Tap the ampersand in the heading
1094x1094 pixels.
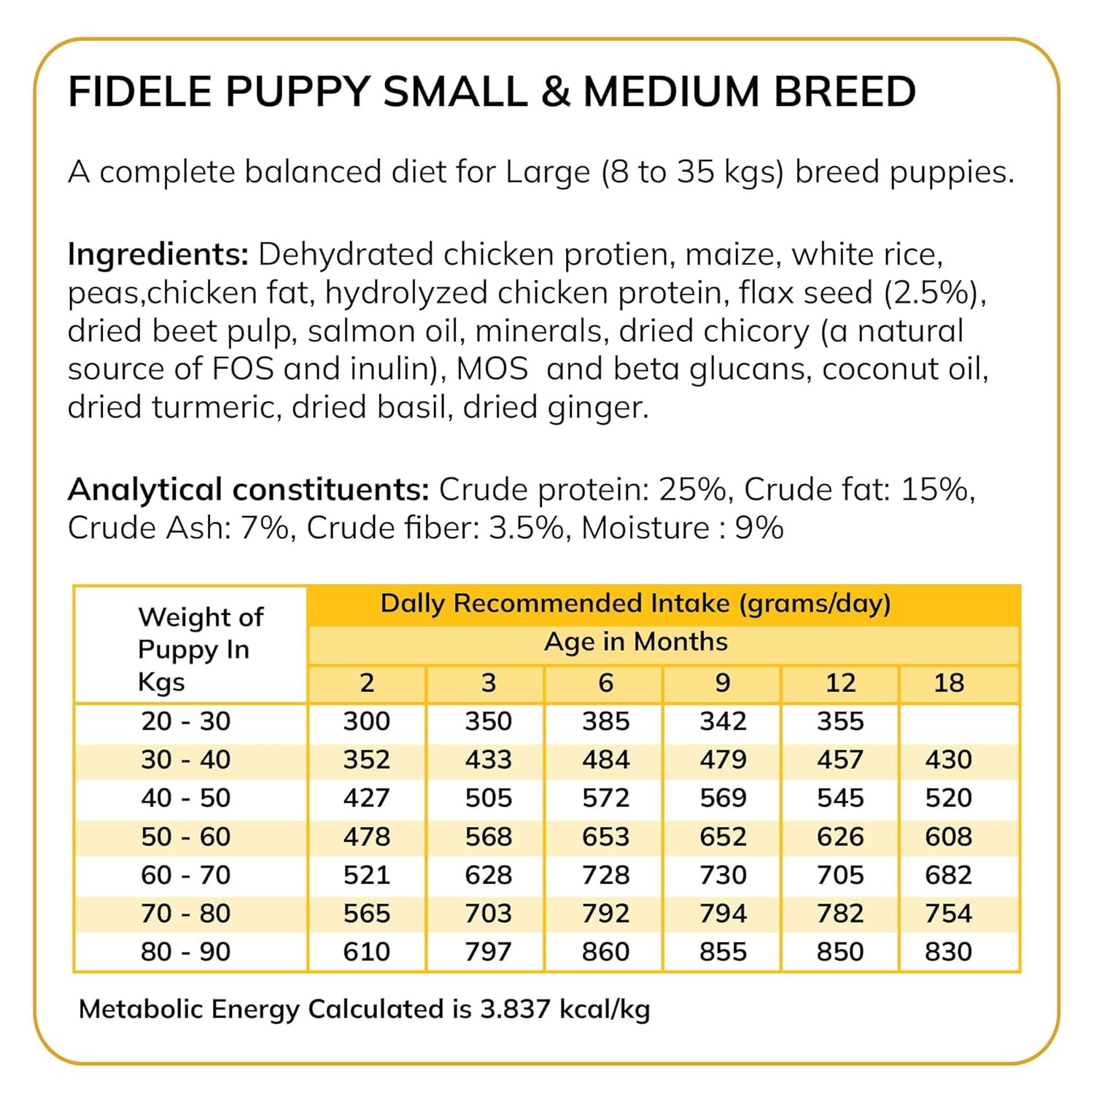click(x=556, y=91)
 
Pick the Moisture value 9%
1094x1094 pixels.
click(x=759, y=528)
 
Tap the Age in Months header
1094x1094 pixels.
click(x=636, y=642)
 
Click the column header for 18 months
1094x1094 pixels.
click(x=949, y=683)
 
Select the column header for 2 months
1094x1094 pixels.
click(x=367, y=683)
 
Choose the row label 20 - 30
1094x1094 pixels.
click(x=186, y=721)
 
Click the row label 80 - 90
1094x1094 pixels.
click(x=186, y=952)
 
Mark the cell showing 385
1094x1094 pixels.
click(x=605, y=721)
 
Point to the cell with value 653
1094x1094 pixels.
click(x=605, y=837)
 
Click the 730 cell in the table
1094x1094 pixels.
click(x=723, y=875)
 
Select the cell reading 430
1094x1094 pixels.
click(x=948, y=760)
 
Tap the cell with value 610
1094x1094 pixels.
click(x=367, y=952)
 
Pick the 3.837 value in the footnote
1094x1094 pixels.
click(x=514, y=1009)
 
